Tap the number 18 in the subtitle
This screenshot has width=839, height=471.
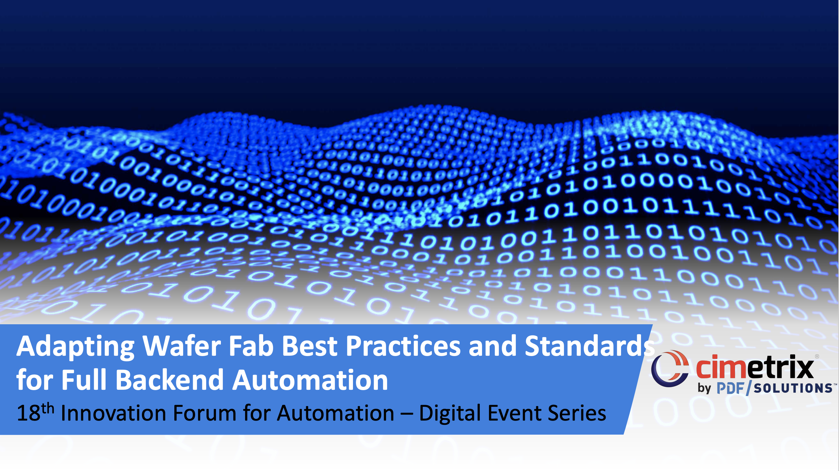pyautogui.click(x=29, y=413)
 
